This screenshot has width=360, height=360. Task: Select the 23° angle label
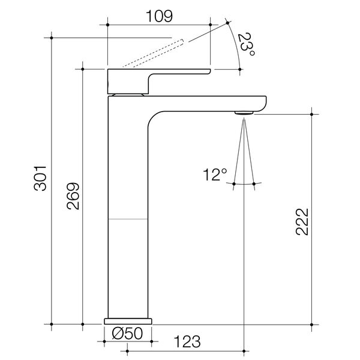tap(247, 45)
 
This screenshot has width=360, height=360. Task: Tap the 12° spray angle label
tap(215, 175)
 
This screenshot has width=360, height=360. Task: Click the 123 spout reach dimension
tap(187, 343)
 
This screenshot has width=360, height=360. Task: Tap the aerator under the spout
tap(244, 112)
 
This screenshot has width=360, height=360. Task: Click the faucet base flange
tap(129, 321)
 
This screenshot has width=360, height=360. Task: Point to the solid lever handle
tap(156, 74)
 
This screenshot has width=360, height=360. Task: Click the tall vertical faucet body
tap(127, 240)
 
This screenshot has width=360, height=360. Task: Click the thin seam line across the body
tap(127, 219)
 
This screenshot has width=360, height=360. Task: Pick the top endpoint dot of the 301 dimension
tap(52, 38)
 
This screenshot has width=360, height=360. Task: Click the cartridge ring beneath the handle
tap(127, 94)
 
